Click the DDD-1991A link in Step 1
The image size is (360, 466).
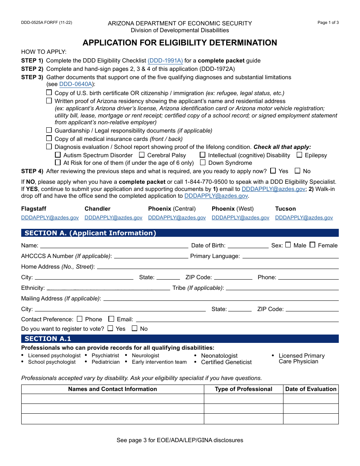click(x=165, y=61)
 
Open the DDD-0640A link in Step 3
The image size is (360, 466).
click(x=76, y=84)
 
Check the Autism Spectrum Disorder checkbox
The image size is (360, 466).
click(x=58, y=155)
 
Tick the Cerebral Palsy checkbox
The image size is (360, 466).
click(x=142, y=155)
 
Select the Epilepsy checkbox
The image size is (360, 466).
click(x=299, y=155)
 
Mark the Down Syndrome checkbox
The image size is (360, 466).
click(x=203, y=163)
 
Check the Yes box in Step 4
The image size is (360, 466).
click(x=273, y=171)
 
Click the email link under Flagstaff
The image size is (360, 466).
click(x=50, y=218)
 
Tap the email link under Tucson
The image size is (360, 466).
click(x=304, y=218)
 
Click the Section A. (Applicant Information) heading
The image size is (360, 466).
click(x=90, y=233)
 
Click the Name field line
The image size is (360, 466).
click(x=114, y=245)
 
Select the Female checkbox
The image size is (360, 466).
click(x=313, y=245)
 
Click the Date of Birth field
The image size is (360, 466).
click(x=248, y=245)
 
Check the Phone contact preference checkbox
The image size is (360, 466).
click(x=80, y=319)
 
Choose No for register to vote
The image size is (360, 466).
click(x=135, y=328)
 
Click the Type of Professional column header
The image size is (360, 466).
click(x=243, y=389)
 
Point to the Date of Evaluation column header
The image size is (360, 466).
click(x=311, y=389)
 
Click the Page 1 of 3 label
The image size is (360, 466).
click(x=328, y=23)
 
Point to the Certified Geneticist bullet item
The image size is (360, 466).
click(x=226, y=362)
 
